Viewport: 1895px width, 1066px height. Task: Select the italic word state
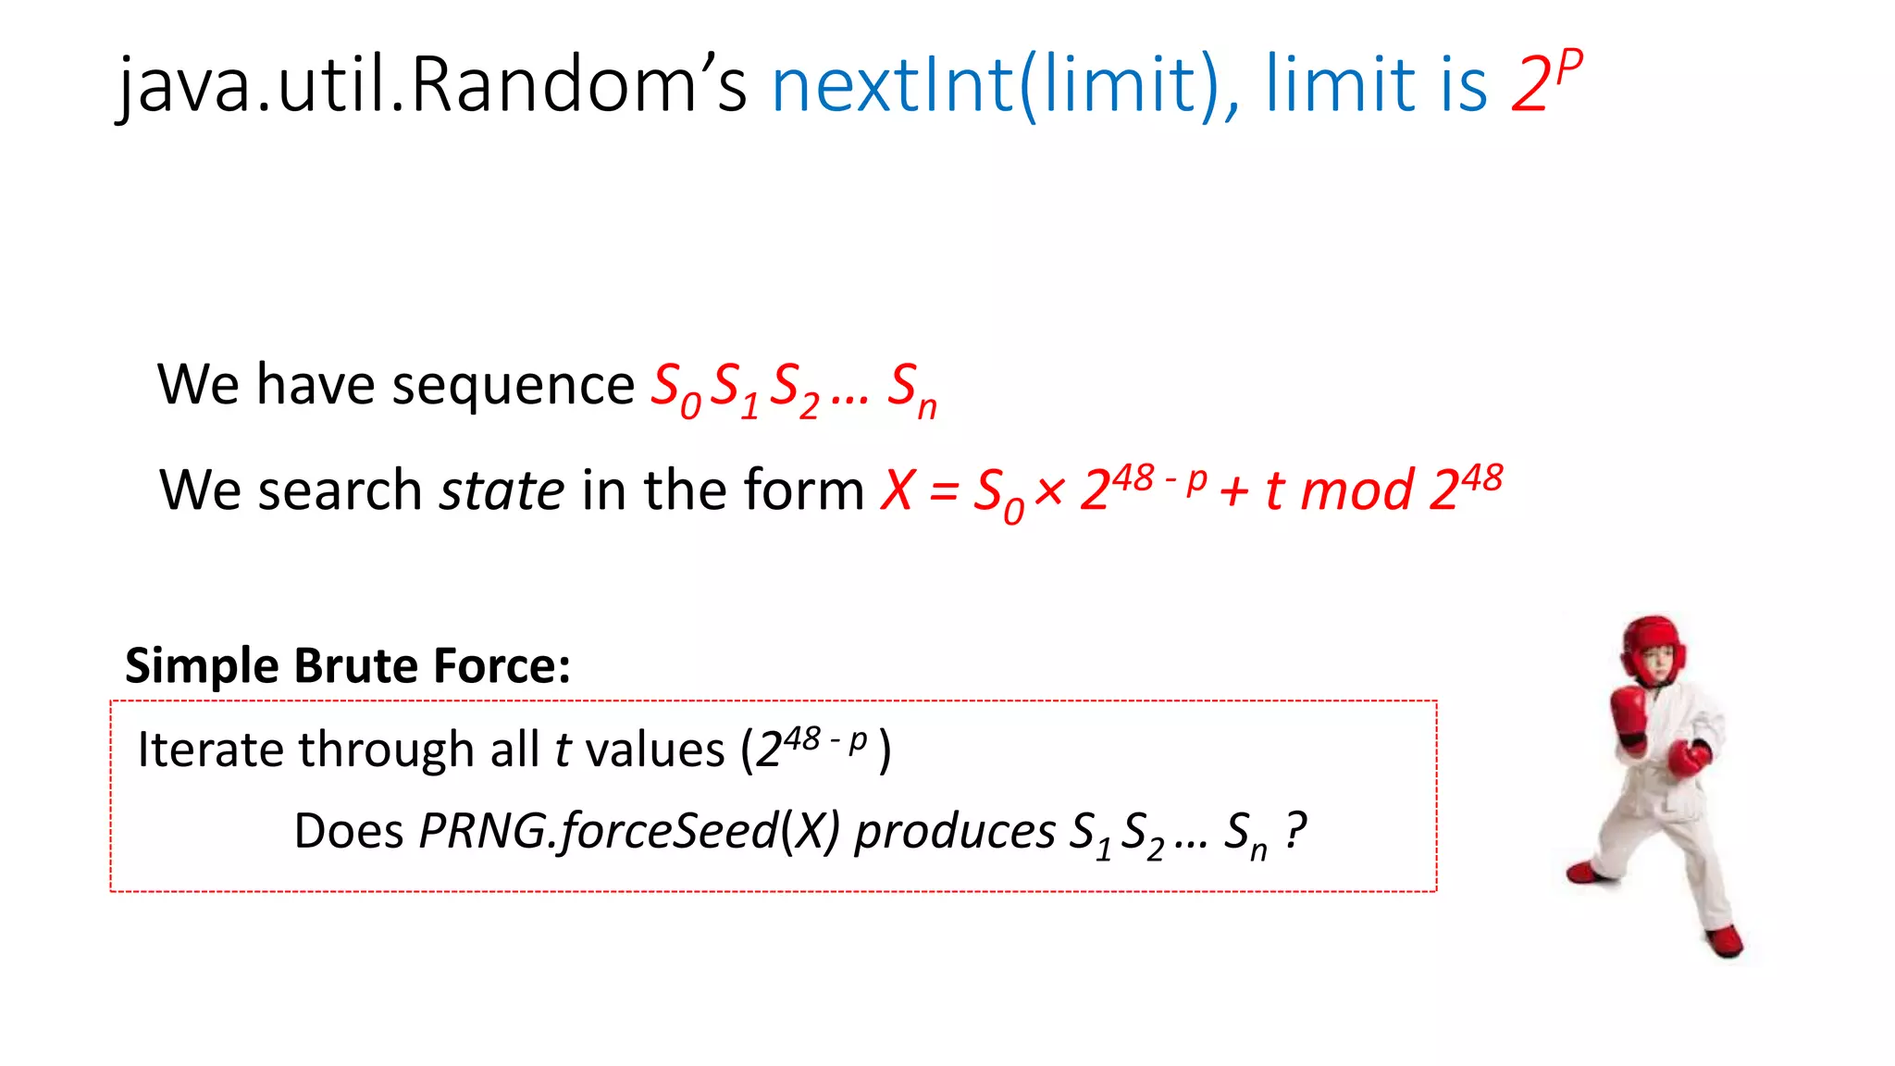pos(502,490)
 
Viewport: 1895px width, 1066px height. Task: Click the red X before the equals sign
pos(898,490)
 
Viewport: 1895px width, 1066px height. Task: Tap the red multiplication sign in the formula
pos(1049,490)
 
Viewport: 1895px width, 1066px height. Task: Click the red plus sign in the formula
pos(1234,490)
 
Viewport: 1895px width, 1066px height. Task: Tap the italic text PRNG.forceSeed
pos(598,831)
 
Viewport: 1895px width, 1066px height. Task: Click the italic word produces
pos(954,833)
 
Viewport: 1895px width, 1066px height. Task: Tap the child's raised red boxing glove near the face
pos(1629,711)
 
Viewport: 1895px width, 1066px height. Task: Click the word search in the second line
pos(340,490)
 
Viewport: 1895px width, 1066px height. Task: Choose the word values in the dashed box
pos(655,750)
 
